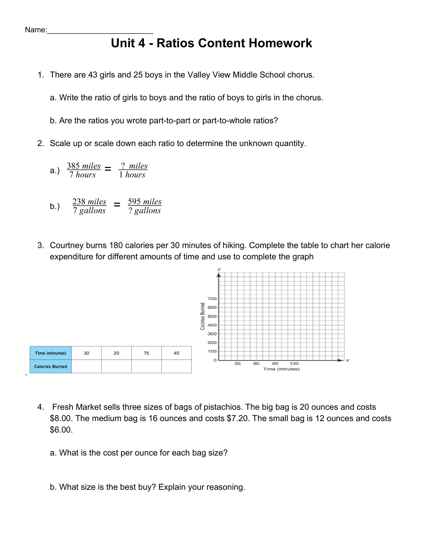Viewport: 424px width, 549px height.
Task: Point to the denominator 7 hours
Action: coord(82,175)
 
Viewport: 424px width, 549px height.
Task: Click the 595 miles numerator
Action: coord(145,202)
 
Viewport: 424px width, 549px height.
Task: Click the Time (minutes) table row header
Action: coord(51,353)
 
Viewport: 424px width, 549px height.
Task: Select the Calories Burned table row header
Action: coord(51,366)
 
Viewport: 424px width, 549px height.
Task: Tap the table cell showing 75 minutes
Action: coord(146,353)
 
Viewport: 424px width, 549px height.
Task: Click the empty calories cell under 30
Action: coord(86,366)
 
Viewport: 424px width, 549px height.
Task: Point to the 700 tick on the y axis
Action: coord(212,299)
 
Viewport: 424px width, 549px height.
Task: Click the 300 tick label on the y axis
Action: coord(212,334)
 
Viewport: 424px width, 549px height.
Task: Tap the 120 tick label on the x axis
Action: coord(294,364)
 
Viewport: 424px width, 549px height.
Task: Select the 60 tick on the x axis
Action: coord(256,364)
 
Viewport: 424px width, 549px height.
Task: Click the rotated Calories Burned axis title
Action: coord(203,316)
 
